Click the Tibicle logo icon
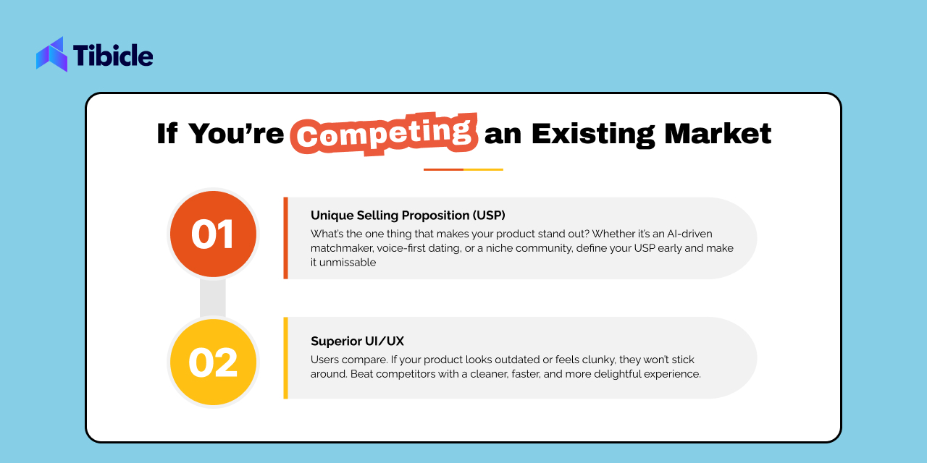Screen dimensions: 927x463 [x=52, y=54]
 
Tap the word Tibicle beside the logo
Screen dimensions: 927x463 [x=113, y=56]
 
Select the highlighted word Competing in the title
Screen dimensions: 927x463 [x=384, y=134]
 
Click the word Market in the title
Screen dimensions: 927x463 [x=718, y=134]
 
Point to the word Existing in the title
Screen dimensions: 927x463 [x=593, y=135]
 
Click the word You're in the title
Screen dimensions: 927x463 [x=236, y=134]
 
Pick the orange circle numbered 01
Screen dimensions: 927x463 [x=213, y=234]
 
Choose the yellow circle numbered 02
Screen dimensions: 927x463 [x=213, y=362]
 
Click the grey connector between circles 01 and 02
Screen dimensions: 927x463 [x=213, y=298]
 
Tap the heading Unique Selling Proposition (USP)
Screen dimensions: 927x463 [x=408, y=216]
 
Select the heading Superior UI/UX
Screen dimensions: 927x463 [x=357, y=341]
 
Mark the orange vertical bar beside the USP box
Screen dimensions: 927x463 [x=285, y=238]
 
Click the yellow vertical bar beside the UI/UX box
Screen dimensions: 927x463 [x=285, y=358]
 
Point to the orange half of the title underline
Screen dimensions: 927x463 [x=443, y=169]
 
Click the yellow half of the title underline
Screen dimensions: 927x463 [x=483, y=169]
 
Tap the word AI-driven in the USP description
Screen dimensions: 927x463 [x=689, y=234]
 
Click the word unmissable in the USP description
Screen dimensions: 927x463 [x=348, y=263]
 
